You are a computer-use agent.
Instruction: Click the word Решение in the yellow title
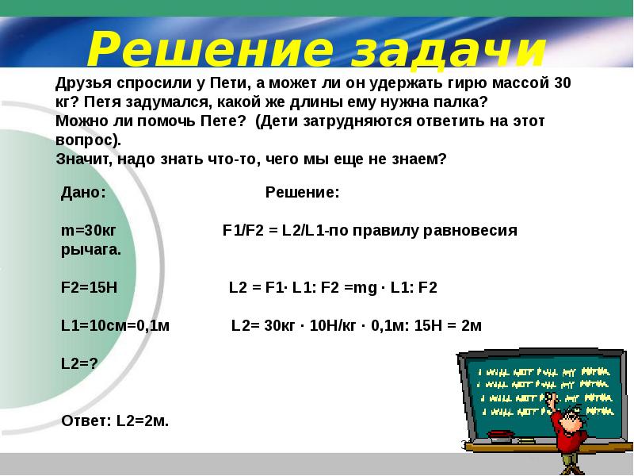[210, 49]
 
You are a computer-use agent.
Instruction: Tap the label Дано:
[83, 192]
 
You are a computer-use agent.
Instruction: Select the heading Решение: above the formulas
[303, 192]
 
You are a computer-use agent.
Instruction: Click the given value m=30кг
[89, 230]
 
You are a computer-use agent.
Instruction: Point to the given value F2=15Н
[89, 287]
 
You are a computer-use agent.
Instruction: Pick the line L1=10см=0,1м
[115, 325]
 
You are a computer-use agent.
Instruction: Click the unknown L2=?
[79, 363]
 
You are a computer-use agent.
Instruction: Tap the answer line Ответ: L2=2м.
[115, 421]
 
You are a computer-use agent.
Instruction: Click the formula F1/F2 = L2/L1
[273, 230]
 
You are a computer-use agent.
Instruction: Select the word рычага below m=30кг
[91, 250]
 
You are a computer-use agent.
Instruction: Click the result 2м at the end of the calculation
[471, 325]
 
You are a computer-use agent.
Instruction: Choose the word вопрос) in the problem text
[88, 140]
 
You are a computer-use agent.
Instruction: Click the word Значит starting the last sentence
[84, 159]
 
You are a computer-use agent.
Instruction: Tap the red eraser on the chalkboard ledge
[501, 436]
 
